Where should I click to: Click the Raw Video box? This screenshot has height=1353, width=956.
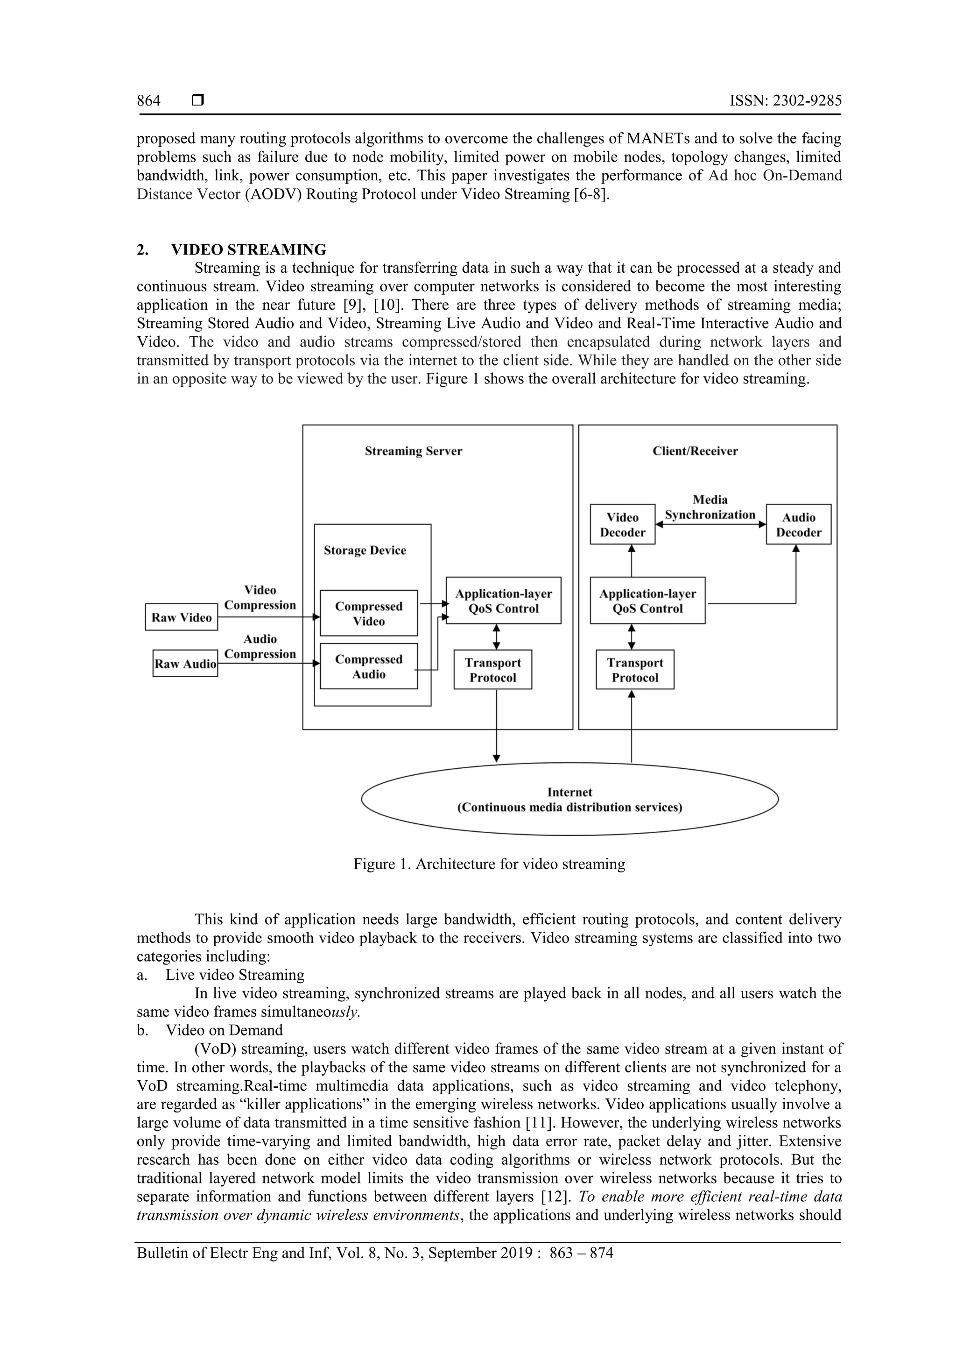[x=182, y=617]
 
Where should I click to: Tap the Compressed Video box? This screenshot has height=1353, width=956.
[x=369, y=613]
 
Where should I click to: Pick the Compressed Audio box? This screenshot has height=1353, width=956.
[x=369, y=666]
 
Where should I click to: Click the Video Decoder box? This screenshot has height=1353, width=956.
[x=623, y=524]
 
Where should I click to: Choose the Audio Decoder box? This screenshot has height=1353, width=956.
[x=798, y=524]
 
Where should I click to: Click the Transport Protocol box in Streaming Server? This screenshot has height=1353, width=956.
[x=492, y=669]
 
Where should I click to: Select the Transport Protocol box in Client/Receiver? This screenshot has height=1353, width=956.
[x=635, y=669]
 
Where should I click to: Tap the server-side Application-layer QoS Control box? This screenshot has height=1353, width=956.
[x=504, y=601]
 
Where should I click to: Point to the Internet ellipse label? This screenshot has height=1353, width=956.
[x=569, y=799]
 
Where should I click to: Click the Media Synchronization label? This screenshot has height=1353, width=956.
[x=710, y=507]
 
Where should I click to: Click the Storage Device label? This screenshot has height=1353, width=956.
[x=365, y=550]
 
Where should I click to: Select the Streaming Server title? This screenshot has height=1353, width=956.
[x=413, y=451]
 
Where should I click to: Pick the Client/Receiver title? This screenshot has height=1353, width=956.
[x=695, y=451]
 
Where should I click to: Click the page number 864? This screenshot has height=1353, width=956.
[x=148, y=101]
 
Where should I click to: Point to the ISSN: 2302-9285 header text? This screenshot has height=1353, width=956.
[x=785, y=101]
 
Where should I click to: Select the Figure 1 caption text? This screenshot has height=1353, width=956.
[x=489, y=864]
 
